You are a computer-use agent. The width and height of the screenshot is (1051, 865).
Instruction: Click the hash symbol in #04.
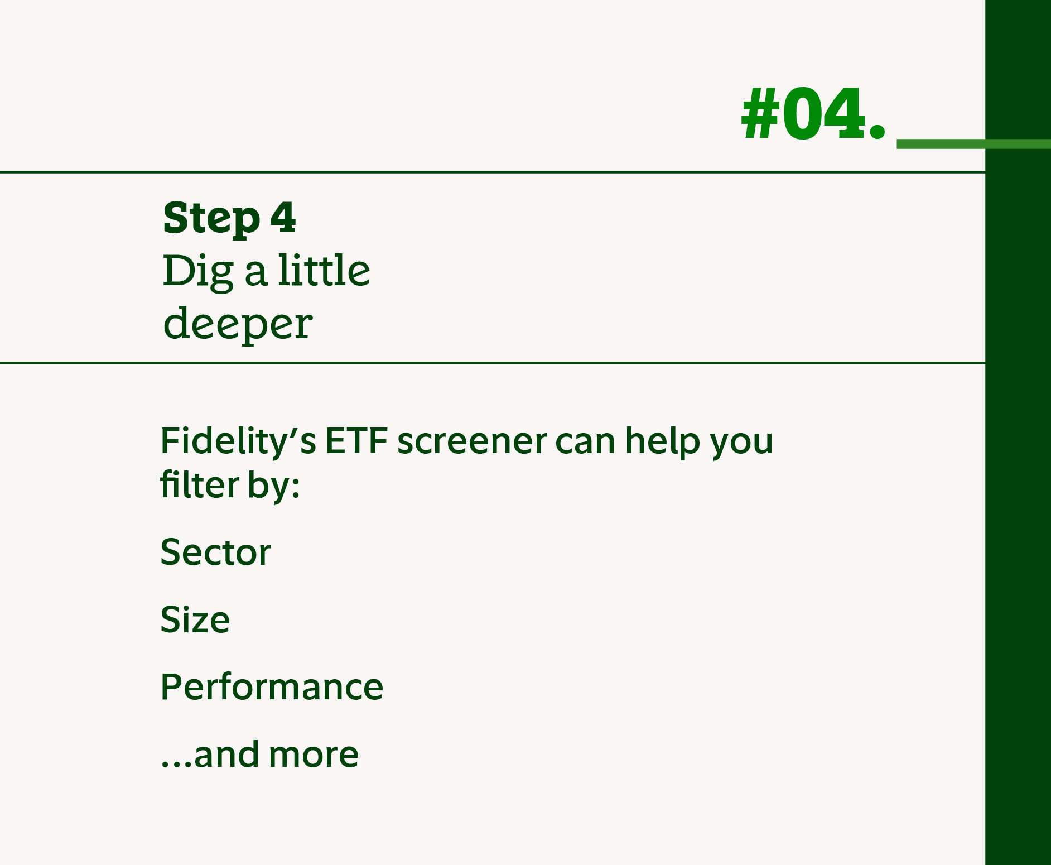point(760,114)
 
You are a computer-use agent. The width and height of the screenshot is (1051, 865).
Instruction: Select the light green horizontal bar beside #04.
point(973,144)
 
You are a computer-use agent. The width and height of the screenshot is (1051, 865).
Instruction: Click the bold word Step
point(211,218)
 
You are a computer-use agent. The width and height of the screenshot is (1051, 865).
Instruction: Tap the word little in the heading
point(324,270)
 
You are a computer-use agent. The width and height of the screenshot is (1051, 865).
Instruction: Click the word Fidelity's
point(238,441)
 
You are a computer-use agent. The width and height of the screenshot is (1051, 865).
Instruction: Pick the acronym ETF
point(356,441)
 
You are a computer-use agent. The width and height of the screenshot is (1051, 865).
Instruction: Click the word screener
point(471,441)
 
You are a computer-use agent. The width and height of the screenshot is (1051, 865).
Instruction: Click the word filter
point(199,484)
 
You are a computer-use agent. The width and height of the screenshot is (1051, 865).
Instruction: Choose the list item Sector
point(215,552)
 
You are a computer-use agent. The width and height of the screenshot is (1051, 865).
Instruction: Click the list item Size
point(195,619)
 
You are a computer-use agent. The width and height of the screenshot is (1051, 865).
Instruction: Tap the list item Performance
point(272,687)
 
